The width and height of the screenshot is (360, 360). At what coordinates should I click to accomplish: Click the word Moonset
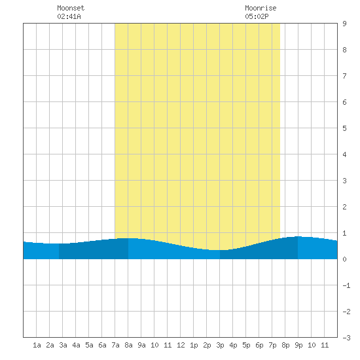pos(71,8)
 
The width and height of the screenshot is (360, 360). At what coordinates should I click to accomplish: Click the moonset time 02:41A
pos(69,16)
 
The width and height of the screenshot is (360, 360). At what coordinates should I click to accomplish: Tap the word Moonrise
pos(261,8)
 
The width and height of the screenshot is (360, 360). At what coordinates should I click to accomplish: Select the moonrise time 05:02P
pos(257,16)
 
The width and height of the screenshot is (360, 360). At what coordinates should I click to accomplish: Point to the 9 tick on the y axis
pos(344,24)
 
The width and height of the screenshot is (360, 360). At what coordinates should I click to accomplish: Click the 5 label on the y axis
pos(344,128)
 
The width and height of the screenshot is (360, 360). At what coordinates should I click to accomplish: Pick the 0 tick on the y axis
pos(344,259)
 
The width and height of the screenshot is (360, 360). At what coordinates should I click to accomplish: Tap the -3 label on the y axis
pos(346,338)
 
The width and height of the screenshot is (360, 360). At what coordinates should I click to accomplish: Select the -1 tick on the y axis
pos(346,285)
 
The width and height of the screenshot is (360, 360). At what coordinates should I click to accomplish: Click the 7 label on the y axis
pos(344,76)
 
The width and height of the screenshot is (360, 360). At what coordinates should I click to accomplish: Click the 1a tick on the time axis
pos(37,345)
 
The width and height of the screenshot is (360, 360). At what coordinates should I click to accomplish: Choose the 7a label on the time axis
pos(115,345)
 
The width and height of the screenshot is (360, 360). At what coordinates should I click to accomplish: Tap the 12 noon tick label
pos(181,345)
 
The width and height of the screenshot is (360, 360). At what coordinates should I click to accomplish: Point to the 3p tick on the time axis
pos(220,345)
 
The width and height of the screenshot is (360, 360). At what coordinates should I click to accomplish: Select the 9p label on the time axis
pos(298,345)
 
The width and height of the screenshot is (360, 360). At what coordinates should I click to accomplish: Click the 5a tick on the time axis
pos(89,345)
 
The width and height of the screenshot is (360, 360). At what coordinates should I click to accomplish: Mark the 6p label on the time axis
pos(259,345)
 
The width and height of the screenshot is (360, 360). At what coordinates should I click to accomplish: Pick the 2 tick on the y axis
pos(344,207)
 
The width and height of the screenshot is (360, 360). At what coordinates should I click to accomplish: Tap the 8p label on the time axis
pos(285,345)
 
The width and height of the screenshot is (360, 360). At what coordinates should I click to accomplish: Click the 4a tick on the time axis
pos(76,345)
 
